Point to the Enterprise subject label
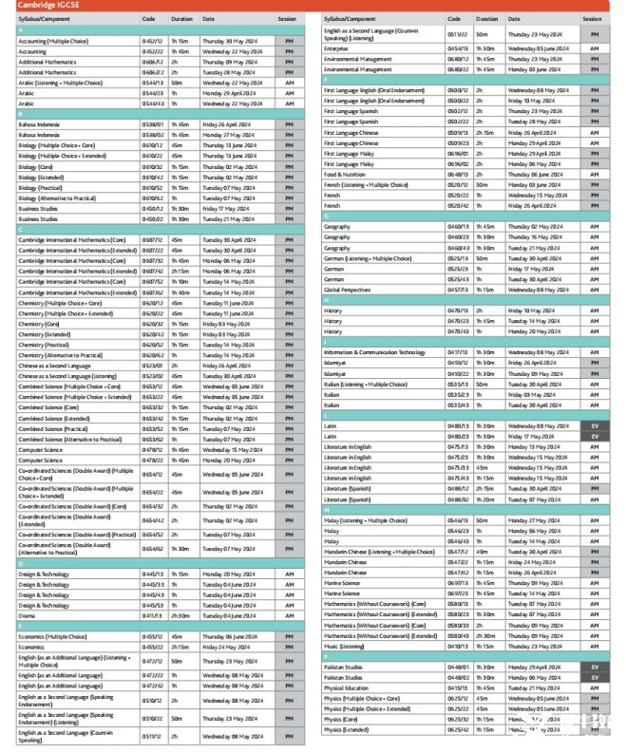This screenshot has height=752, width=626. coord(336,48)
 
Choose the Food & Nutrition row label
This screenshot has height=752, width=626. coord(345,174)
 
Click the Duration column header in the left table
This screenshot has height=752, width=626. coord(182,18)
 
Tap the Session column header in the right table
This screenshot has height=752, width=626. coord(592,18)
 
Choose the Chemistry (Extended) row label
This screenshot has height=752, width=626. coord(44,334)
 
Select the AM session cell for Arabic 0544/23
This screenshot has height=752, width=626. coord(289,103)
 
